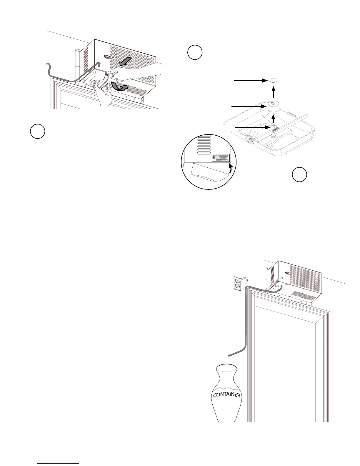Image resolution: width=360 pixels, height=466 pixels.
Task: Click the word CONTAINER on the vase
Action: pyautogui.click(x=226, y=394)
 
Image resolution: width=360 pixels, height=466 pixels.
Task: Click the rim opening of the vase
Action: pyautogui.click(x=226, y=366)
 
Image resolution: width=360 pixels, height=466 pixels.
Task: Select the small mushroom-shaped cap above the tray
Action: pyautogui.click(x=274, y=81)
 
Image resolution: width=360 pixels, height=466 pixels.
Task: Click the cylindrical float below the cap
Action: pyautogui.click(x=274, y=106)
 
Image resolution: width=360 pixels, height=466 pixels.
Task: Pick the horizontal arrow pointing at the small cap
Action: pyautogui.click(x=250, y=80)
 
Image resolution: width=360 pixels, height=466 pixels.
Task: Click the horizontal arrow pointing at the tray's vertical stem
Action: pyautogui.click(x=253, y=127)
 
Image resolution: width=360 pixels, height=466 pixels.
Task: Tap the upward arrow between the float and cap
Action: pyautogui.click(x=274, y=94)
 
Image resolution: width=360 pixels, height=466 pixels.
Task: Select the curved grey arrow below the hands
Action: pyautogui.click(x=121, y=88)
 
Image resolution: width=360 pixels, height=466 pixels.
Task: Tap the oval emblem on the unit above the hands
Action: pyautogui.click(x=108, y=57)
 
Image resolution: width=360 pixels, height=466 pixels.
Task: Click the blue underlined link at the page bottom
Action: pyautogui.click(x=59, y=463)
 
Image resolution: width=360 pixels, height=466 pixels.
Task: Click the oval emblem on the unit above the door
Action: pyautogui.click(x=286, y=273)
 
